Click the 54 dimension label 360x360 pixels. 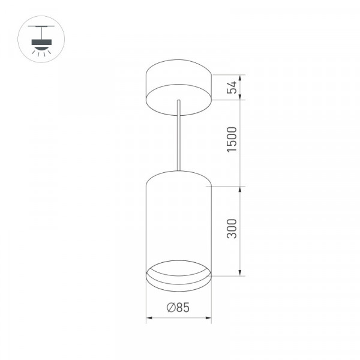click(232, 87)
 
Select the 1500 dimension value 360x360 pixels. click(232, 139)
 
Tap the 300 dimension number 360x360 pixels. click(232, 229)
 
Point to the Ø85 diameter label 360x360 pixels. click(178, 308)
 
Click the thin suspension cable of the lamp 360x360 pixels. click(179, 136)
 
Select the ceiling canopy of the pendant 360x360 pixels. click(179, 88)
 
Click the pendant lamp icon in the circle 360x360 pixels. click(41, 39)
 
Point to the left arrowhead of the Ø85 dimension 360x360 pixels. click(149, 318)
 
